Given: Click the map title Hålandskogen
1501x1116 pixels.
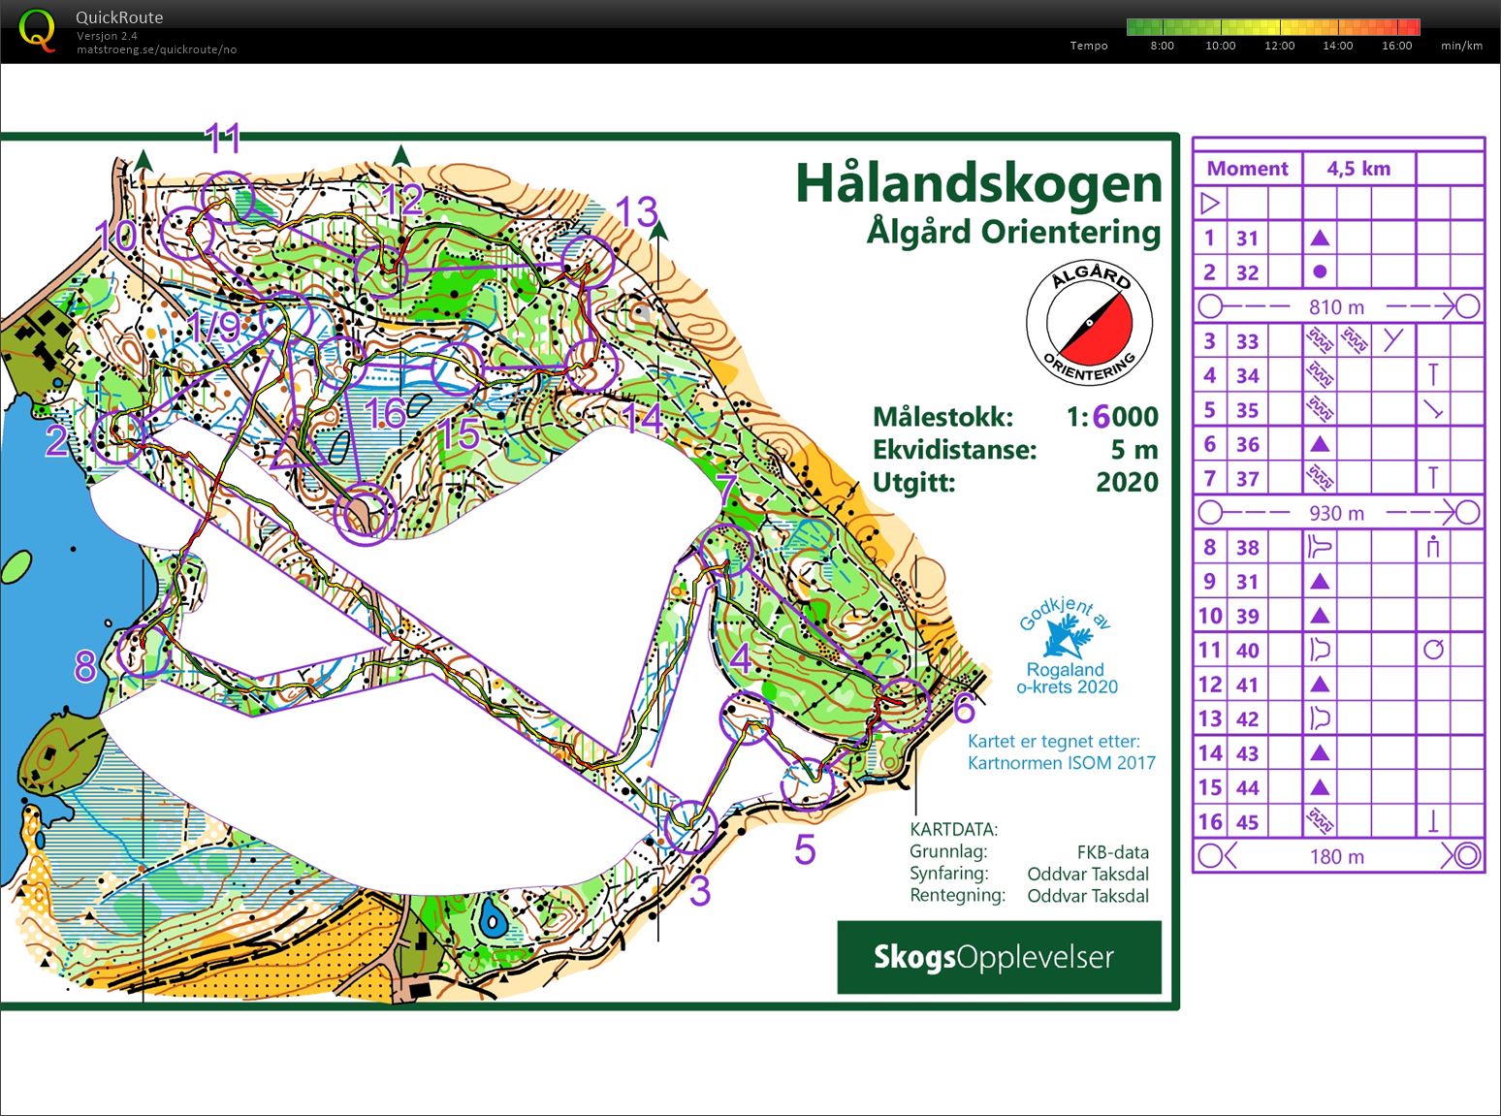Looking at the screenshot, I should (977, 183).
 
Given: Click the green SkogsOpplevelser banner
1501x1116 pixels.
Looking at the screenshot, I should (999, 957).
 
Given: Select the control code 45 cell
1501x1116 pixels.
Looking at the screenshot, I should (1247, 822).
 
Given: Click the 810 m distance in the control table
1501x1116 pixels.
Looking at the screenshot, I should (1336, 307).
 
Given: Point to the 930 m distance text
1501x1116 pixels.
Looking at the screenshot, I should (1336, 513).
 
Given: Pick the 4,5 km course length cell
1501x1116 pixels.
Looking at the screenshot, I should (1358, 169).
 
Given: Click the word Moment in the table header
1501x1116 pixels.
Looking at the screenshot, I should (1247, 169).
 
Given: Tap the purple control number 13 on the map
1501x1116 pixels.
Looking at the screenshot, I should (637, 211).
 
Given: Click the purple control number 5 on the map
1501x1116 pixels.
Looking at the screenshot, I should (805, 849).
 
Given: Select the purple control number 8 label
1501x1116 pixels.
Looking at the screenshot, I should (85, 666).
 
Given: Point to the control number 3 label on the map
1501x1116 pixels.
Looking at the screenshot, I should (700, 891).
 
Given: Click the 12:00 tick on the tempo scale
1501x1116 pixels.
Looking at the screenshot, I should (1279, 46).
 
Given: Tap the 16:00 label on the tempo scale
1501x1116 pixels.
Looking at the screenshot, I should (1396, 46).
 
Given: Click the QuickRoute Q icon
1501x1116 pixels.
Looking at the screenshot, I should (37, 31).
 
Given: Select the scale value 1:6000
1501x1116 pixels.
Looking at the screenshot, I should (1112, 417).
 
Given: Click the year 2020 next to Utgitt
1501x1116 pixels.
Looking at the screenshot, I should (1127, 482).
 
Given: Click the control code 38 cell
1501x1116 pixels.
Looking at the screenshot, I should (1247, 547).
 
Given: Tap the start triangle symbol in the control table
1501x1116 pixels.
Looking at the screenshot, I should (1209, 204).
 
